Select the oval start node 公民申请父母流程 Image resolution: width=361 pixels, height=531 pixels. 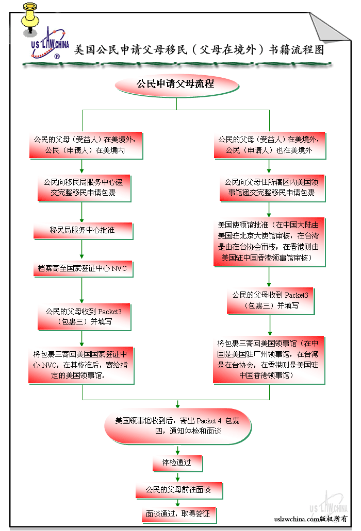click(175, 84)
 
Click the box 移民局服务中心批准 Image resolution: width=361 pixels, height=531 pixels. click(83, 230)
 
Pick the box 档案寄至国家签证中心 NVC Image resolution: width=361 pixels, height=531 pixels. click(83, 269)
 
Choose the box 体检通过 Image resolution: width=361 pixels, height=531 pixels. click(177, 463)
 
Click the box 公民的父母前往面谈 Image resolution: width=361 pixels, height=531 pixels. click(178, 489)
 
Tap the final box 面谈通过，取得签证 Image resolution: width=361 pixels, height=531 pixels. click(178, 515)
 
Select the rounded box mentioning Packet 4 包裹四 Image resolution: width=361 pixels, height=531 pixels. click(177, 426)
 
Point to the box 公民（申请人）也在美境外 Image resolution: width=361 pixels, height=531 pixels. click(269, 145)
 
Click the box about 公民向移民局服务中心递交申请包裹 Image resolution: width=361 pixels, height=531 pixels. click(83, 187)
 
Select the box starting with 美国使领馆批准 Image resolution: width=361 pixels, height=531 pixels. click(269, 242)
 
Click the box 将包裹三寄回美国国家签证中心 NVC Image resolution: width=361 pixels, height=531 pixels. click(82, 365)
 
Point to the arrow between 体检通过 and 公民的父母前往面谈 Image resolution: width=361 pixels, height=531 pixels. click(178, 477)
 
